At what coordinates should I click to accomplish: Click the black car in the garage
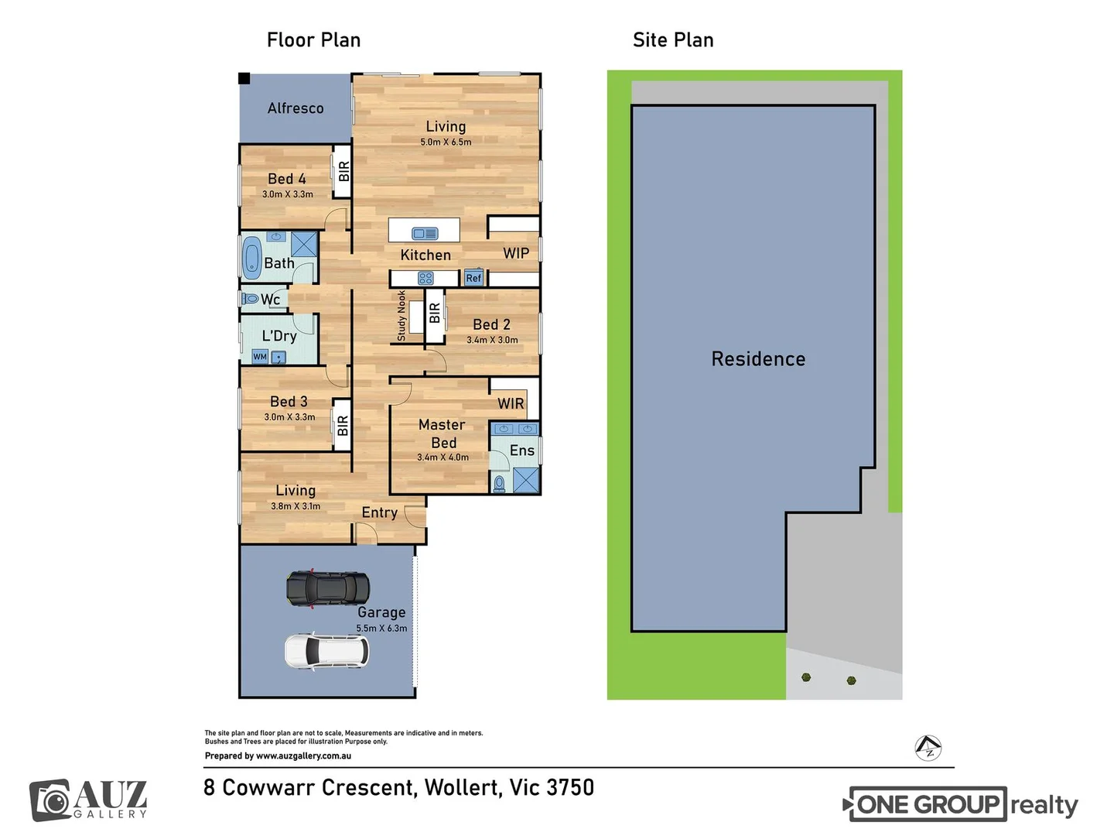tap(328, 589)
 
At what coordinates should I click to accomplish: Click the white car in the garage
tap(326, 652)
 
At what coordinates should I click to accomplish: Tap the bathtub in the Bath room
tap(252, 258)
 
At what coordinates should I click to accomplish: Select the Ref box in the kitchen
tap(473, 278)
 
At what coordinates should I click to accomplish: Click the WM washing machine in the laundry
tap(260, 357)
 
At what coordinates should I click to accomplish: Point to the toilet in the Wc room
tap(250, 299)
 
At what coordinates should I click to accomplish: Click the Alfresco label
tap(296, 108)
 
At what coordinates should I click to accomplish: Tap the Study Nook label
tap(402, 316)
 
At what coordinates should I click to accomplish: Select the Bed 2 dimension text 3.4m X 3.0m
tap(492, 340)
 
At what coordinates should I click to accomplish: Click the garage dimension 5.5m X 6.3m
tap(381, 629)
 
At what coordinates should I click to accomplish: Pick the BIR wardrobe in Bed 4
tap(343, 171)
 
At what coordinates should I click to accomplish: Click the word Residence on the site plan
tap(758, 359)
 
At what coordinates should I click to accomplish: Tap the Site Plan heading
tap(673, 40)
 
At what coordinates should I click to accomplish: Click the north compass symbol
tap(928, 748)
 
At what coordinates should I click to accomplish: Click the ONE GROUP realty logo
tap(959, 805)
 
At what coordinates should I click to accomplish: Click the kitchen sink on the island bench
tap(425, 233)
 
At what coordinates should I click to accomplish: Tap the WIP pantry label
tap(516, 254)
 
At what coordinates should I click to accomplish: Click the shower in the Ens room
tap(526, 480)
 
